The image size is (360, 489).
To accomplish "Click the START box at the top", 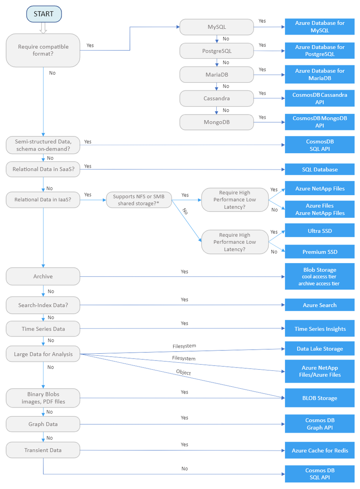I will click(44, 14).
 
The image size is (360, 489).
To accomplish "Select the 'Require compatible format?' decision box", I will click(43, 50).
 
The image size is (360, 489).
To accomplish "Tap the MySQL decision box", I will click(217, 27).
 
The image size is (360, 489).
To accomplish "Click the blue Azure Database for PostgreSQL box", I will click(320, 51).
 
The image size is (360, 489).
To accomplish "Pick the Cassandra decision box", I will click(217, 98).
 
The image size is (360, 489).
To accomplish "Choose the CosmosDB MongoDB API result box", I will click(320, 122).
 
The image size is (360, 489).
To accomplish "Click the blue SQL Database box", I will click(320, 170).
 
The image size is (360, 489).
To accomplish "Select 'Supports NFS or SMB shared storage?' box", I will click(138, 200).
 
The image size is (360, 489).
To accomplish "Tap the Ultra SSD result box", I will click(320, 231).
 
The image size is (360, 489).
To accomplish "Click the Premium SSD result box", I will click(320, 252).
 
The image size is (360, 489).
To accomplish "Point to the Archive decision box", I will click(43, 276).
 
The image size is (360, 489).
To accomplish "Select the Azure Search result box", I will click(320, 305).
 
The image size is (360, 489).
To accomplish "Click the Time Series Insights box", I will click(320, 329).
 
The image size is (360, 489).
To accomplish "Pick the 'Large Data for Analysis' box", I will click(43, 354).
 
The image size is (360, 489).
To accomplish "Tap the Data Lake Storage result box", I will click(320, 349).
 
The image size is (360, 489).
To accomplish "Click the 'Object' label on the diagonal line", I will click(183, 372).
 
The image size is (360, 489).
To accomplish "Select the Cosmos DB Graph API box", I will click(320, 424).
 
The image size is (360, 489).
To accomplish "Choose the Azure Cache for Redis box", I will click(320, 451).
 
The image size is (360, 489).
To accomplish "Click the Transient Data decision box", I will click(43, 450).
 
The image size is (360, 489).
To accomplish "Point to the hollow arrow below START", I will click(44, 28).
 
